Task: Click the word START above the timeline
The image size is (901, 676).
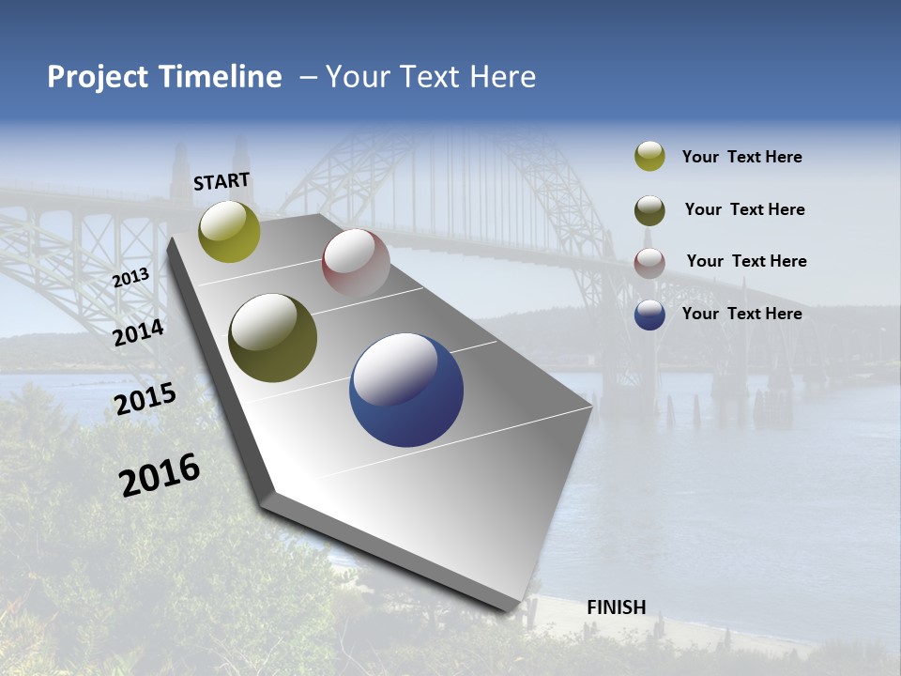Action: pos(221,181)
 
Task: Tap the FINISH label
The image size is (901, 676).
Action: pos(616,607)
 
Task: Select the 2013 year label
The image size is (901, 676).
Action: pos(130,278)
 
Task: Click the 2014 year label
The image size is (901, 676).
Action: pos(138,332)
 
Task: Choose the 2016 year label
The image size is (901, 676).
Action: pos(160,474)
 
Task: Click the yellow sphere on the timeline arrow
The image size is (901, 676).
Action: pos(229,231)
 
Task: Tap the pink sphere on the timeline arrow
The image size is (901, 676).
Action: pos(356,263)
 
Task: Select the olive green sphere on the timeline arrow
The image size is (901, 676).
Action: pos(272,338)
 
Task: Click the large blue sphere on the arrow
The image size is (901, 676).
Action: pos(406,390)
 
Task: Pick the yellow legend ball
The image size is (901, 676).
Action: pos(649,157)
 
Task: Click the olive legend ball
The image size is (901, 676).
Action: pos(649,210)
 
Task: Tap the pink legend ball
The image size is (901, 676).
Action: pos(649,263)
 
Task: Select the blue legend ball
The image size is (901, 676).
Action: pos(649,315)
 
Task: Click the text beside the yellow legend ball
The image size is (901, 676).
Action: pos(741,157)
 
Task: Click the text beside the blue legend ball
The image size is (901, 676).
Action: pos(741,314)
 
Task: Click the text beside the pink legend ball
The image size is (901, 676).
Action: pos(746,261)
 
